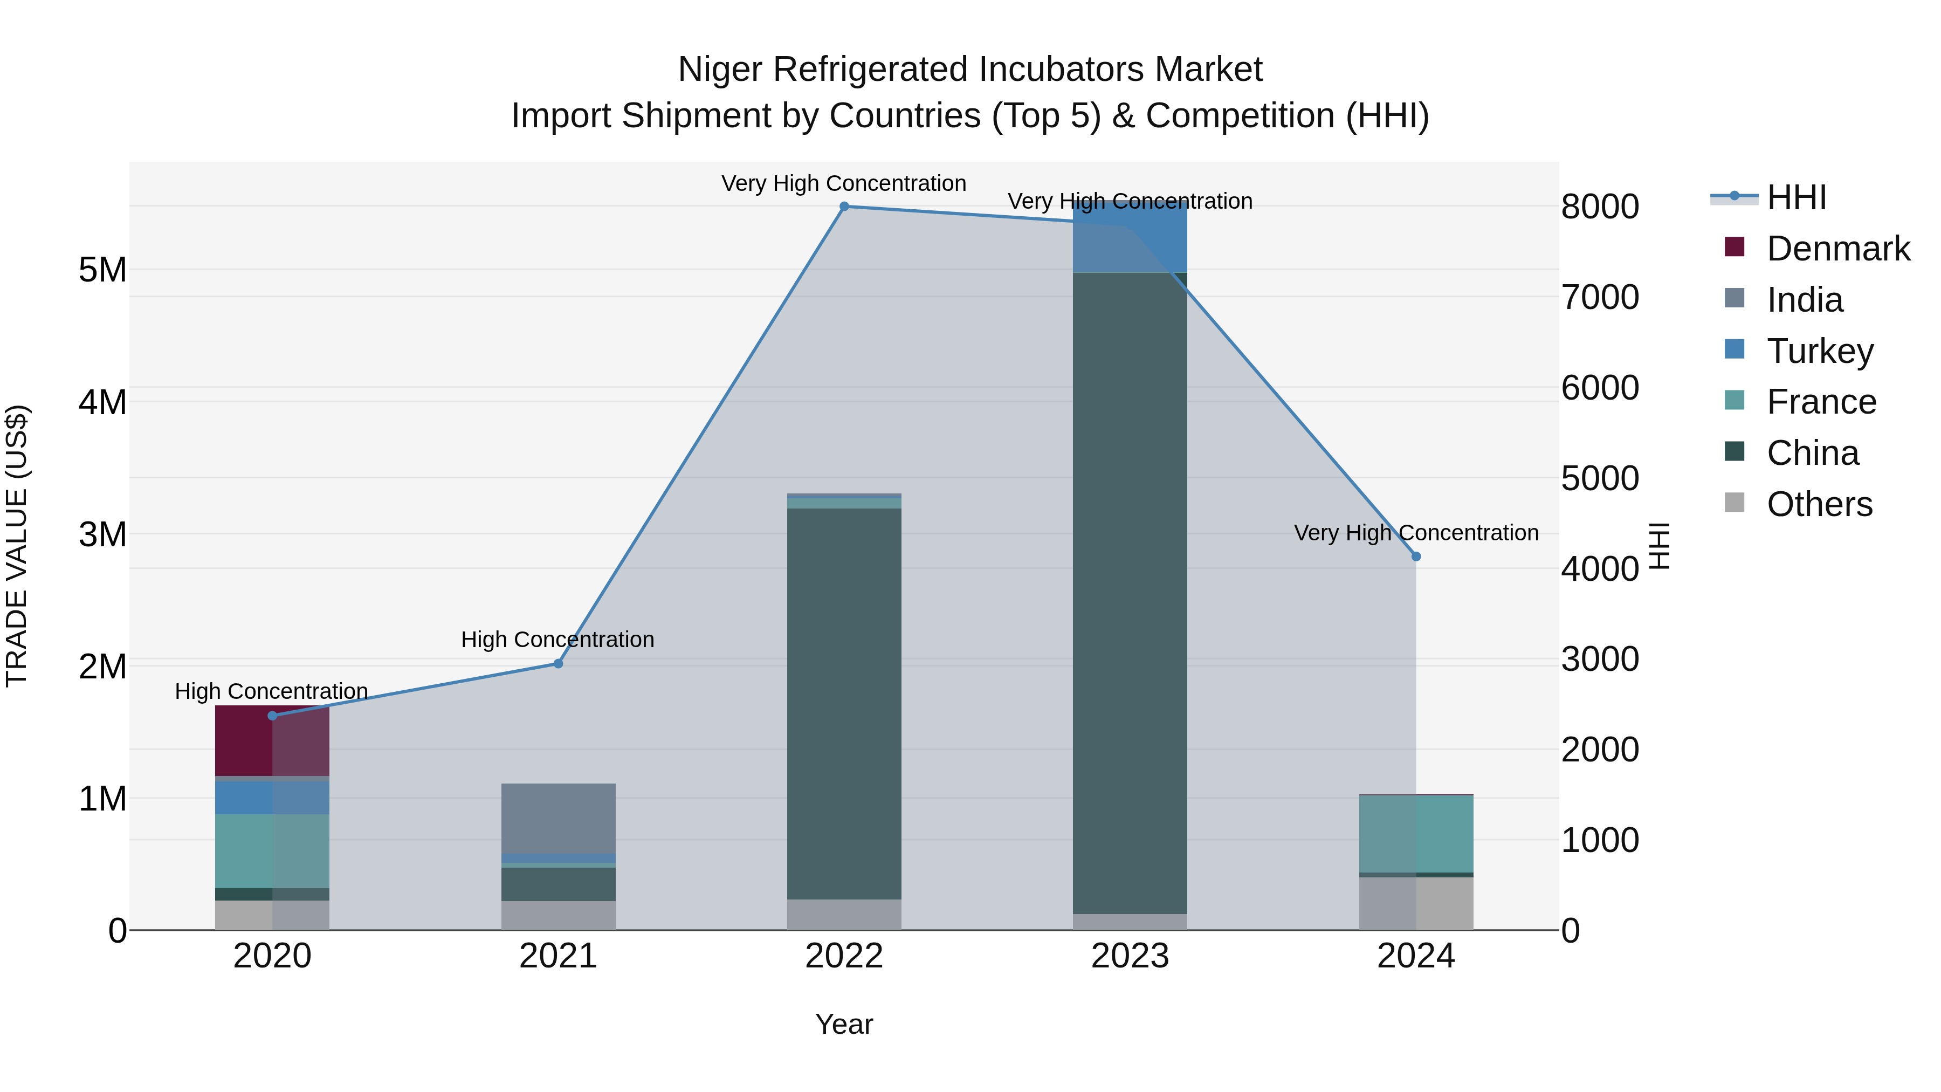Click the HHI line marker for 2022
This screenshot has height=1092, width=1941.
click(844, 206)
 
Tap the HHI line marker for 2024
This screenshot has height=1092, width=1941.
click(1416, 556)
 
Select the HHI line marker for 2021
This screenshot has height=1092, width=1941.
click(559, 663)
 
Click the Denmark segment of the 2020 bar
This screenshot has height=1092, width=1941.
click(272, 741)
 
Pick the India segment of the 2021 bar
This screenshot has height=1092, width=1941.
click(559, 819)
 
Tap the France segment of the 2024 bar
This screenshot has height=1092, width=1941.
click(1416, 834)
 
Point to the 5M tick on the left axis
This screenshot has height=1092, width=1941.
click(102, 270)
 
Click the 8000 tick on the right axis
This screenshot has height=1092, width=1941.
click(1600, 207)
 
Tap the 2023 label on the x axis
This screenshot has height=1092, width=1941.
click(1130, 956)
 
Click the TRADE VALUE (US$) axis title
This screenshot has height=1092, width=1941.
click(17, 546)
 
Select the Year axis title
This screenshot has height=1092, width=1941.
click(844, 1024)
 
